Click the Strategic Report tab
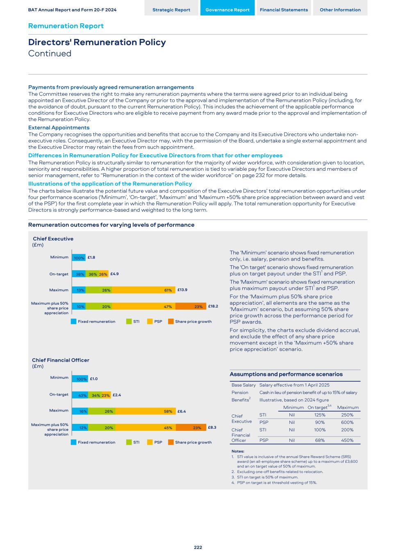(171, 10)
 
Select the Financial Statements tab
(284, 10)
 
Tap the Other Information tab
(340, 10)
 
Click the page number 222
(198, 547)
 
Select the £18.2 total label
(213, 306)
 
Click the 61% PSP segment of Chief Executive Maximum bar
(143, 290)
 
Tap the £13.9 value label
(182, 290)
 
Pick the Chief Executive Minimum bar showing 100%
(79, 258)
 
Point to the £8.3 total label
(212, 427)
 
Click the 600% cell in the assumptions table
(347, 422)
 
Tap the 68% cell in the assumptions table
(320, 440)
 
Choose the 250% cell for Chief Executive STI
(347, 415)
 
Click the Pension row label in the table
(240, 392)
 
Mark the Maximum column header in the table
(348, 407)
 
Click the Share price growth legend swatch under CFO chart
(171, 442)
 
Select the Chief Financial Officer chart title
(61, 360)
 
